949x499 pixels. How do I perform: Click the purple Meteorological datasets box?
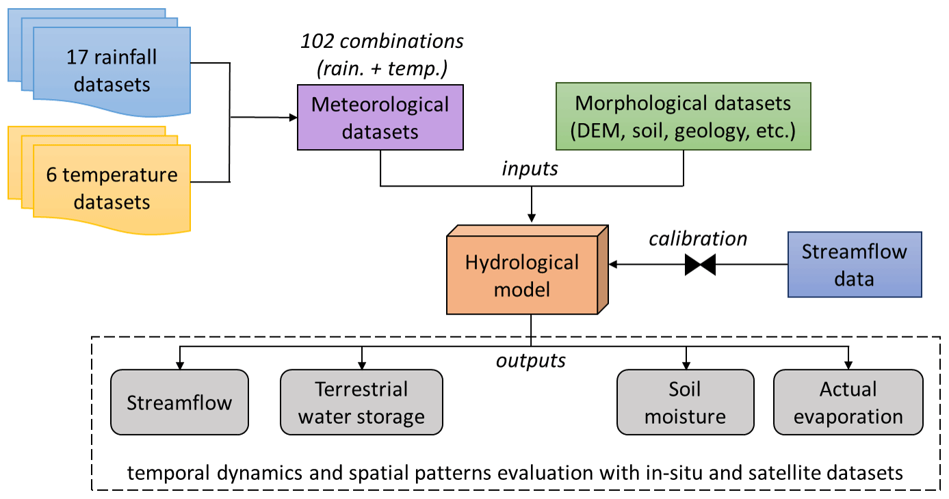coord(380,117)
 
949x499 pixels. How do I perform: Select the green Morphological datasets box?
coord(683,116)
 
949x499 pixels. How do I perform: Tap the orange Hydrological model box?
coord(522,275)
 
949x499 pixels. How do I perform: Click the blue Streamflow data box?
coord(854,265)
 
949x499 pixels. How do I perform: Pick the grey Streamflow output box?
coord(179,402)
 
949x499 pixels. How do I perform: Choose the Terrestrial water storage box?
coord(361,402)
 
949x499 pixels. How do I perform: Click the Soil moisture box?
coord(685,402)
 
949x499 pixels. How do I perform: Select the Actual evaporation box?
coord(848,402)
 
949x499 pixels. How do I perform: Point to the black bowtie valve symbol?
coord(700,265)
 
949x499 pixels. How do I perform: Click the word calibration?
coord(698,239)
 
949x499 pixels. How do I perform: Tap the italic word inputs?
coord(531,168)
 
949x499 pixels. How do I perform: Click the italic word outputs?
coord(531,360)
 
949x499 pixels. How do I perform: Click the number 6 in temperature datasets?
coord(51,175)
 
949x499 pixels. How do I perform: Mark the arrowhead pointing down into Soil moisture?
coord(685,364)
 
